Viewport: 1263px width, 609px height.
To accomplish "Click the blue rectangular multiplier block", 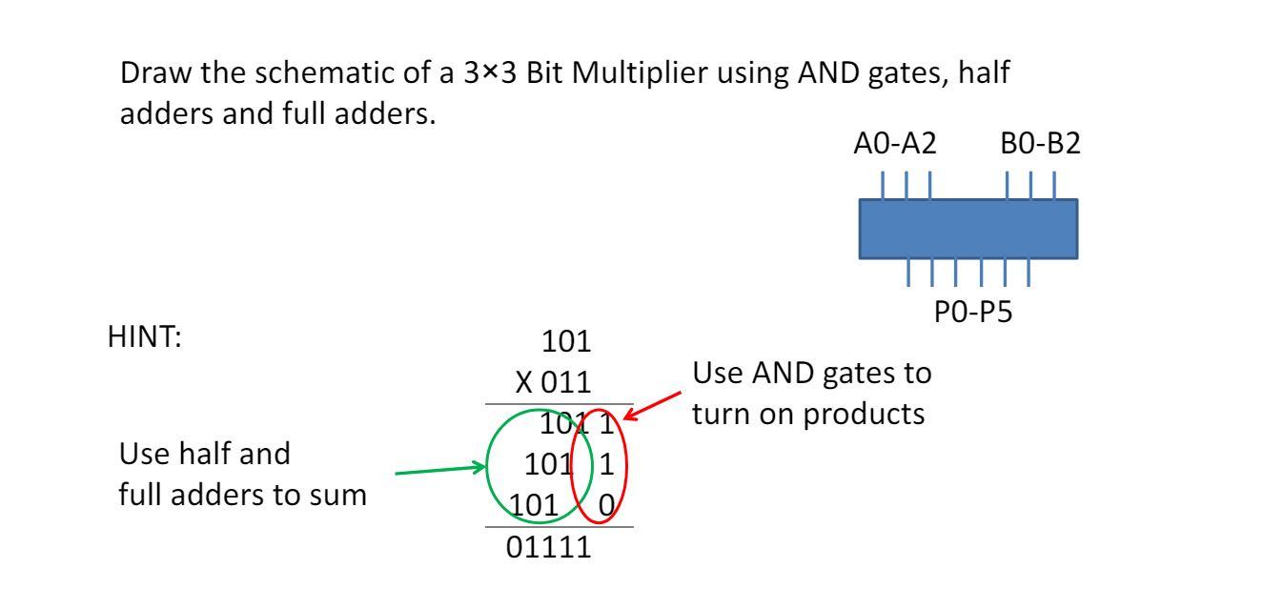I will pyautogui.click(x=968, y=229).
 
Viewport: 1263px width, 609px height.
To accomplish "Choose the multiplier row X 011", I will pyautogui.click(x=553, y=383).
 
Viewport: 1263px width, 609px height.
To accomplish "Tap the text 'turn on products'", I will pyautogui.click(x=808, y=416).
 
